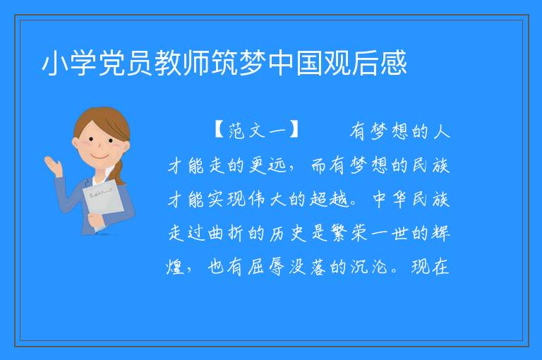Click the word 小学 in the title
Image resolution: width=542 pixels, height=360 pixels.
pos(68,63)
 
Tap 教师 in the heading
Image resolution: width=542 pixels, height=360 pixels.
pos(182,63)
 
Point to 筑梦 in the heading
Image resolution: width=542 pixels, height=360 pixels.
pos(239,63)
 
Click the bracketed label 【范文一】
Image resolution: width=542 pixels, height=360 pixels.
pos(256,131)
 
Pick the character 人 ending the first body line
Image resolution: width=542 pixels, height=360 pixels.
pos(441,131)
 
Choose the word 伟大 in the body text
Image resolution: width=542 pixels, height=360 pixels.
pos(267,199)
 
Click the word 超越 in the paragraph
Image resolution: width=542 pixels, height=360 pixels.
pos(329,199)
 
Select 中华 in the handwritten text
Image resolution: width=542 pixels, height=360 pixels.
pos(390,199)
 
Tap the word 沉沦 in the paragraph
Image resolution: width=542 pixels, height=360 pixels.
pos(369,267)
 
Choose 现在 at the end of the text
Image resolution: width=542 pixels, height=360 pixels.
pos(430,267)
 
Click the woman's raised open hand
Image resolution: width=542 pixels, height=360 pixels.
pos(52,165)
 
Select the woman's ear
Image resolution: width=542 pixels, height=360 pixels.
pos(76,143)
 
